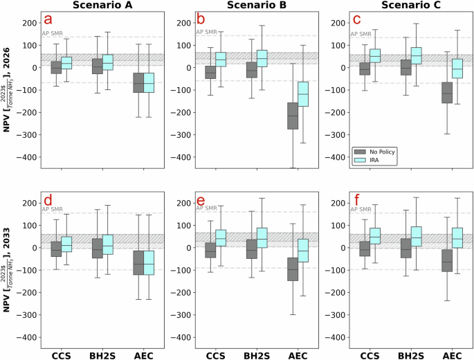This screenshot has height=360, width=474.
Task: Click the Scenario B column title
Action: [241, 5]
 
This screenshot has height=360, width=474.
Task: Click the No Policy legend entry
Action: [377, 150]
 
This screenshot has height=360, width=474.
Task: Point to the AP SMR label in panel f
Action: [361, 209]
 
